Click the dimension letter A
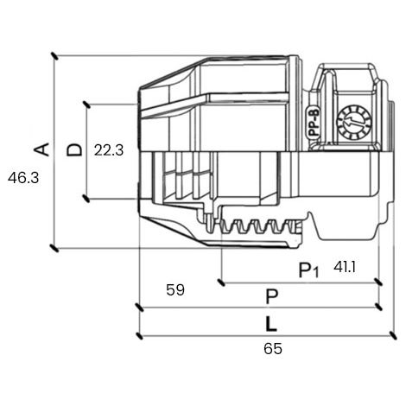[41, 149]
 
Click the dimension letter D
[74, 149]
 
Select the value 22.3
[109, 150]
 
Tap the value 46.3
[23, 178]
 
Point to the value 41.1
[345, 268]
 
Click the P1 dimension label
[308, 270]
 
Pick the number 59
[175, 290]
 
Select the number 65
[273, 349]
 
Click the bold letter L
[271, 324]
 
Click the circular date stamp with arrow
[354, 123]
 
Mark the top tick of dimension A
[54, 56]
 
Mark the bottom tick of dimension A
[54, 248]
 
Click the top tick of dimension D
[86, 105]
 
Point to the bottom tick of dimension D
[86, 199]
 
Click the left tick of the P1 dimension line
[221, 282]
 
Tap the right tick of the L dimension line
[393, 336]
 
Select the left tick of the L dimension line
[139, 336]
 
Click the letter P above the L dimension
[272, 297]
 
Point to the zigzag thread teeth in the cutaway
[261, 226]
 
